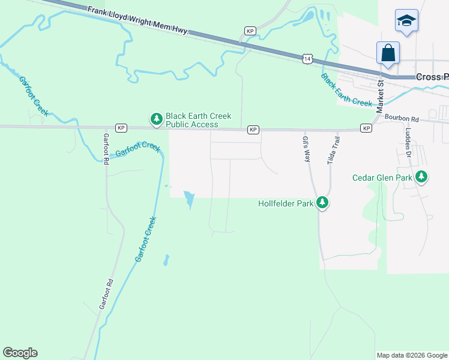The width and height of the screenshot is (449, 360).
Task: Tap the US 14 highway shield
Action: tap(307, 59)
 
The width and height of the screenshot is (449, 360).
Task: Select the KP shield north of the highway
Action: tap(250, 31)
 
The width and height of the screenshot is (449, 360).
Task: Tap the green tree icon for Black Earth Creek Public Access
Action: tap(157, 120)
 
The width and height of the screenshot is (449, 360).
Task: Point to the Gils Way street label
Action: tap(306, 149)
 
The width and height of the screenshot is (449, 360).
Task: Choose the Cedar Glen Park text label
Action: tap(382, 178)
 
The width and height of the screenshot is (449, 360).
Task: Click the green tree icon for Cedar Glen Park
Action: tap(422, 176)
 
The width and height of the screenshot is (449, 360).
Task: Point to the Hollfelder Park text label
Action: tap(286, 204)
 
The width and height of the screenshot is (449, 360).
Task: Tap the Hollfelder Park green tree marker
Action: tap(322, 203)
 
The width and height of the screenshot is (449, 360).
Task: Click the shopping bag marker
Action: tap(388, 53)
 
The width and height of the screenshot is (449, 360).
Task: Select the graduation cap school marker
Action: tap(406, 21)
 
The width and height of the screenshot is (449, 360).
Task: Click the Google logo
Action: tap(20, 353)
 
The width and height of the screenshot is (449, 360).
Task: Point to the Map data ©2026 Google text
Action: tap(412, 355)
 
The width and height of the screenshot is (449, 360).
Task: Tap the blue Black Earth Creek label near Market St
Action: tap(346, 90)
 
